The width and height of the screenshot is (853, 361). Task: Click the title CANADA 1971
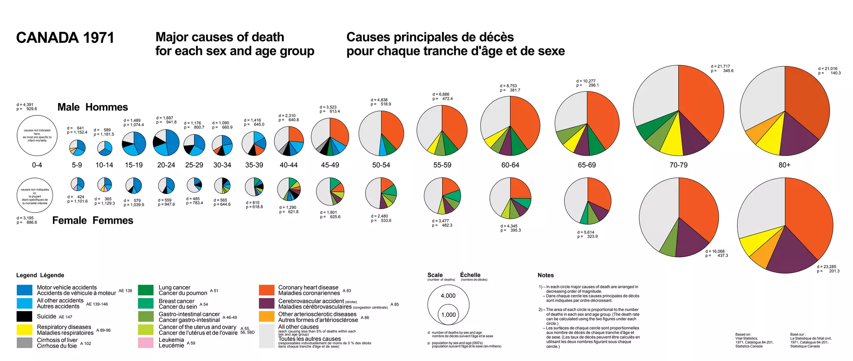click(x=65, y=38)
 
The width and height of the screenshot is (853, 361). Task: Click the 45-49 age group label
click(x=330, y=165)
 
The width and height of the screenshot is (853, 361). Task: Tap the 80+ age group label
click(x=784, y=165)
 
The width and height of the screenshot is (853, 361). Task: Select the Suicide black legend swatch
click(x=25, y=316)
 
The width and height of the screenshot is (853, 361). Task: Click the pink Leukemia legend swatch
click(x=146, y=343)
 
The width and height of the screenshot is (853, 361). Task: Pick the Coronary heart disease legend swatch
click(x=267, y=290)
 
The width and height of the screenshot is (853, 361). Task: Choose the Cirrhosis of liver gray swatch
click(x=25, y=343)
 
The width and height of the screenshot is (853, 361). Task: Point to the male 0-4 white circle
click(x=37, y=136)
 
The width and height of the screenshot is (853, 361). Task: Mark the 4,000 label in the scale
click(x=448, y=296)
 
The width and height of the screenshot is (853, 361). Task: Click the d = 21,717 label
click(x=720, y=67)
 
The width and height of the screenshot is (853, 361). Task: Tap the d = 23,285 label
click(x=826, y=267)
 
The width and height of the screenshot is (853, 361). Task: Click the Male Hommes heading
click(x=92, y=107)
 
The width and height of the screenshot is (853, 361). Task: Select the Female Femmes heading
click(x=92, y=220)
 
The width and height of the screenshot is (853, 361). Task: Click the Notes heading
click(x=546, y=275)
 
